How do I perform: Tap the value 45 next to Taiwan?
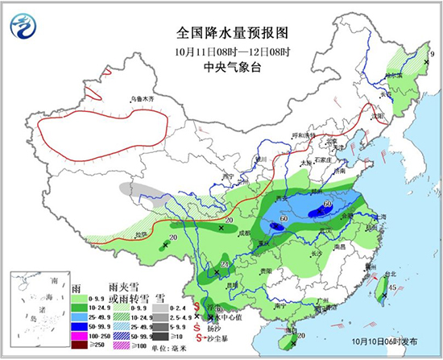coord(391,288)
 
